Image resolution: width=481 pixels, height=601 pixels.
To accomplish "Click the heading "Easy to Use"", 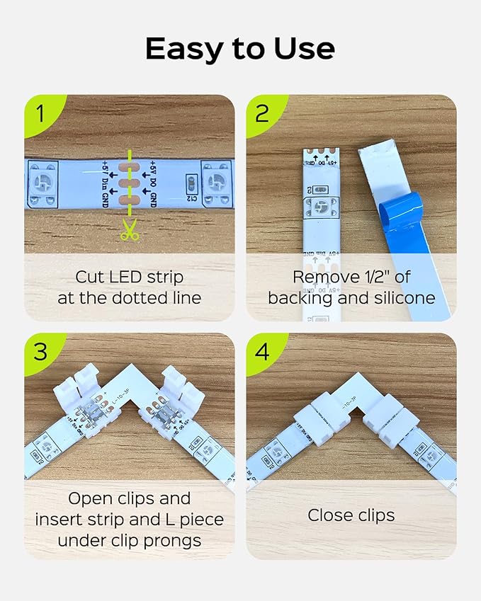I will [240, 49].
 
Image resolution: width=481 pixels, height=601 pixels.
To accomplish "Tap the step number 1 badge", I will [40, 113].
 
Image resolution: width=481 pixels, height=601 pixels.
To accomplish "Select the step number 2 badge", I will [263, 113].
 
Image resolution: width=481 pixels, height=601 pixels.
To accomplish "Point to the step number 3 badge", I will [40, 350].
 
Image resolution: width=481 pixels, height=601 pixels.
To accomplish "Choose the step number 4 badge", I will [263, 350].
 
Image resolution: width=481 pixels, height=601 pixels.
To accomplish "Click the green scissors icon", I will [128, 230].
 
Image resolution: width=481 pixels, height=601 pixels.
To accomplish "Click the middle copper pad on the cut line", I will [128, 184].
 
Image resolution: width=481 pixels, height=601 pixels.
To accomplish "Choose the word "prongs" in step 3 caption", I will [174, 541].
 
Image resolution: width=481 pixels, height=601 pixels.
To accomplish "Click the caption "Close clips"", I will [351, 515].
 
